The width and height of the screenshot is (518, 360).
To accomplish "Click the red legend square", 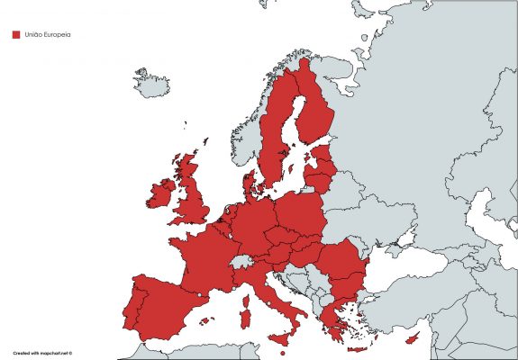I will click(x=15, y=35).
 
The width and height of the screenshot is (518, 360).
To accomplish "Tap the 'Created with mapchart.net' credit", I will click(x=41, y=354).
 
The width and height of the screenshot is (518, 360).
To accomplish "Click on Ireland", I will click(x=160, y=194).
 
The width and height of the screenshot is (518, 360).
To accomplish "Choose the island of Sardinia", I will click(x=243, y=310).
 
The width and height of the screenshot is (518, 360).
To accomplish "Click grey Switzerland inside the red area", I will click(x=241, y=261).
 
